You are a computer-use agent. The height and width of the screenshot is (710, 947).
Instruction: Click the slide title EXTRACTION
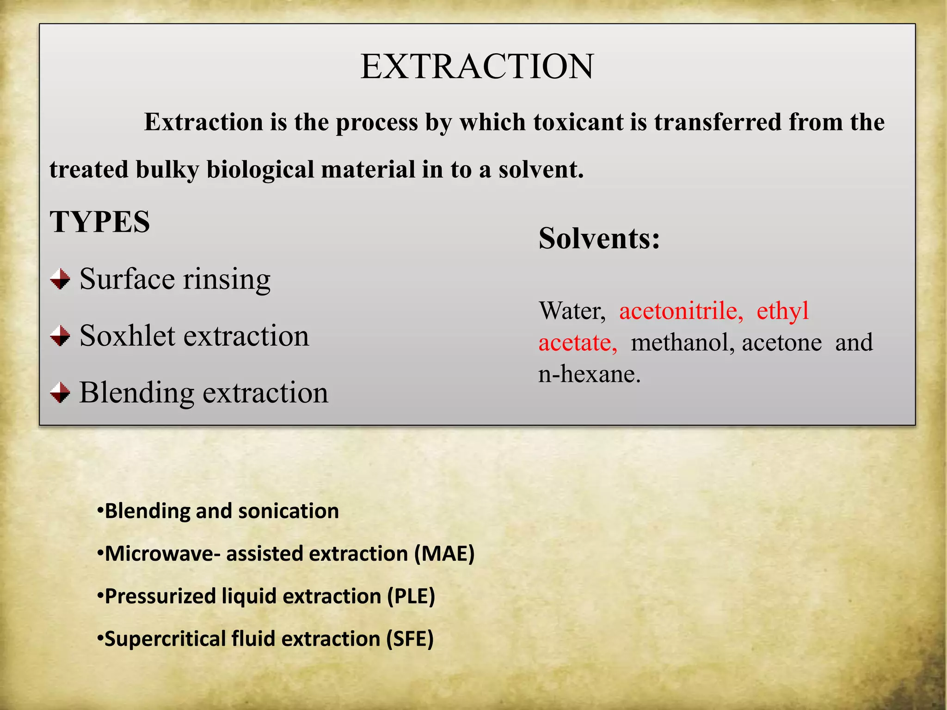[x=477, y=67]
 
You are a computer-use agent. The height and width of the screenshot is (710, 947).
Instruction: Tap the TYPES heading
[x=100, y=222]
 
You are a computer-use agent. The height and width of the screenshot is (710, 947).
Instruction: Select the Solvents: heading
[x=599, y=239]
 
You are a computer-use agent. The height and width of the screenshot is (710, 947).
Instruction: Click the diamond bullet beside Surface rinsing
[x=60, y=279]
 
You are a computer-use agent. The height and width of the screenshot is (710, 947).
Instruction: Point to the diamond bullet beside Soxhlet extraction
[x=60, y=336]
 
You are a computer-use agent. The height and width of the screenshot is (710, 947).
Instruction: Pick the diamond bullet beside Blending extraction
[x=60, y=392]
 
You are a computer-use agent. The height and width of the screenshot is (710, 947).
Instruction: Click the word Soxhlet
[x=126, y=336]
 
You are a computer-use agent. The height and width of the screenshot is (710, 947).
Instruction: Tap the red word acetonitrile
[x=681, y=311]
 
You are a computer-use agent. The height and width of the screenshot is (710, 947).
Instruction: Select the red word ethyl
[x=782, y=311]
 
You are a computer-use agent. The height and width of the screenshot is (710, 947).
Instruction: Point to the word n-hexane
[x=589, y=374]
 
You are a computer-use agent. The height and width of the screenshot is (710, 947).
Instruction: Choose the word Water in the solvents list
[x=572, y=311]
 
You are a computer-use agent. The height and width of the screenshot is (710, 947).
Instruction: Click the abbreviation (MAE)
[x=444, y=554]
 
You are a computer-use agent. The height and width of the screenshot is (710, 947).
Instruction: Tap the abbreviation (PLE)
[x=411, y=596]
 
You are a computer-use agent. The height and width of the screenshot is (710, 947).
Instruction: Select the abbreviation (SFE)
[x=410, y=639]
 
